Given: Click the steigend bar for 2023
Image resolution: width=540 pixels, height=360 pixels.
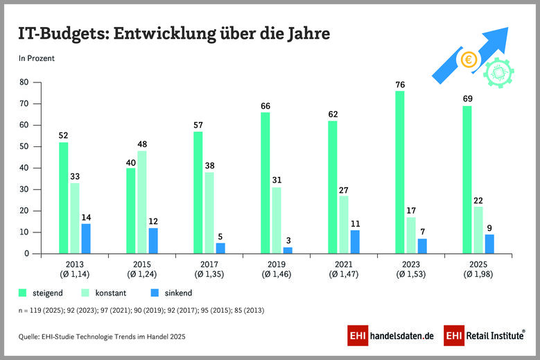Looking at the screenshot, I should point(400,172).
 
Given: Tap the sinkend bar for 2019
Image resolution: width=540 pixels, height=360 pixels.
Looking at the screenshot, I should point(287,250).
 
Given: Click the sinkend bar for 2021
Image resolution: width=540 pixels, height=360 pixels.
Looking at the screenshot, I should point(355,241).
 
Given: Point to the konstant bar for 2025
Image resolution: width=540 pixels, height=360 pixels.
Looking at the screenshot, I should point(478,230).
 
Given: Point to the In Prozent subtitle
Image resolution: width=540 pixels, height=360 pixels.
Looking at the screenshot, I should point(36,58).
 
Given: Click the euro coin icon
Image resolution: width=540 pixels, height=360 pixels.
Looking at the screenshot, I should point(469,60).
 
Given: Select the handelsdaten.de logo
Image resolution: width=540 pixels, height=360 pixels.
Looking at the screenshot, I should point(391,336).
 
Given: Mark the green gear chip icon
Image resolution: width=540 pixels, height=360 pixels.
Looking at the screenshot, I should point(496,72).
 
